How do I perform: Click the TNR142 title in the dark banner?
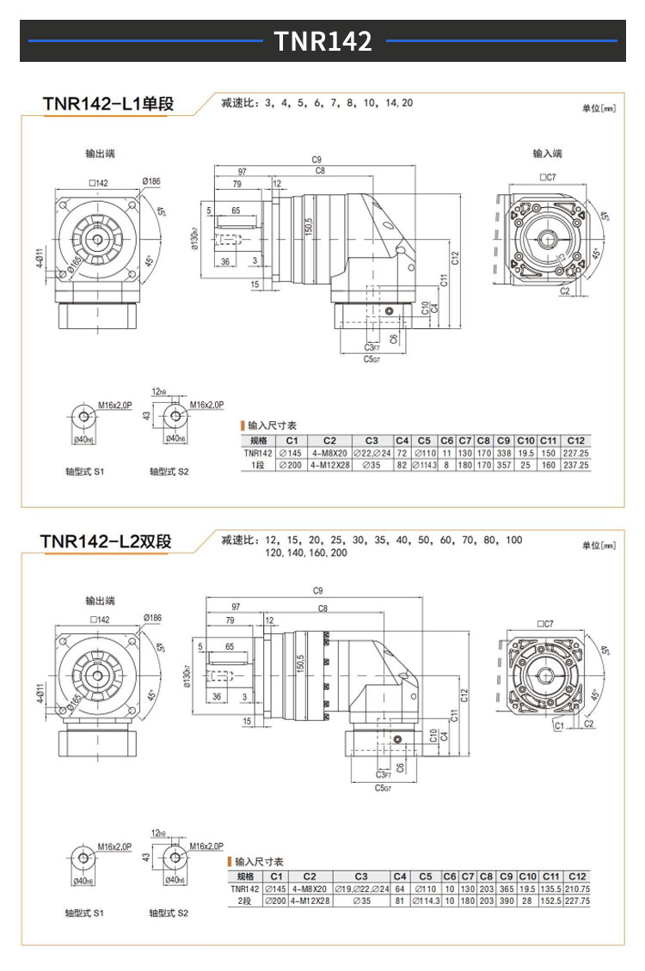322,40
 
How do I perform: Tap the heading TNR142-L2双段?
106,541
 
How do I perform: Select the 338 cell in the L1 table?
503,453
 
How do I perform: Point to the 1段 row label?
257,465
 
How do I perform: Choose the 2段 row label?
247,901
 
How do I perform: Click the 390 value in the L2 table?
507,901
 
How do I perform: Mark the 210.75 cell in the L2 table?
578,889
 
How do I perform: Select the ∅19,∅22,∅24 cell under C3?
361,889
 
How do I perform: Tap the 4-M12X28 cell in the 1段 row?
329,465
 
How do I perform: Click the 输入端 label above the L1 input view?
547,154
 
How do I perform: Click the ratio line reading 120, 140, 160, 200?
307,554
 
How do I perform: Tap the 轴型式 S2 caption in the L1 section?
169,472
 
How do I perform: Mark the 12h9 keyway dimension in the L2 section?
158,833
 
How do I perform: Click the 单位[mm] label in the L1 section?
599,109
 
